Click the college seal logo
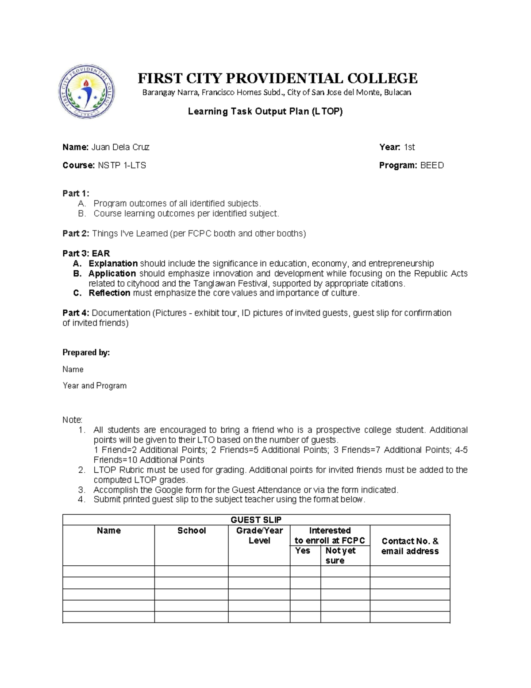click(87, 92)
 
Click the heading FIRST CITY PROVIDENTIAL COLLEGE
click(277, 78)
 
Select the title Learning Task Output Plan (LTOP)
click(265, 112)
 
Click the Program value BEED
click(431, 166)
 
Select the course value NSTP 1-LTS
click(122, 166)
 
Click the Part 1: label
click(76, 194)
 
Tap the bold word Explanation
click(113, 264)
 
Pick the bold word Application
click(112, 274)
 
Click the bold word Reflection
click(109, 293)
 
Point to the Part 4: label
click(76, 313)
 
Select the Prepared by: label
click(86, 353)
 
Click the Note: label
click(72, 420)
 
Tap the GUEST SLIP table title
click(256, 520)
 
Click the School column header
click(191, 531)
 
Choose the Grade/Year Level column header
click(259, 536)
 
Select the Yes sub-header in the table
click(303, 551)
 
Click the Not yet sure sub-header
click(340, 556)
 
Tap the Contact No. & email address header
click(410, 546)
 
